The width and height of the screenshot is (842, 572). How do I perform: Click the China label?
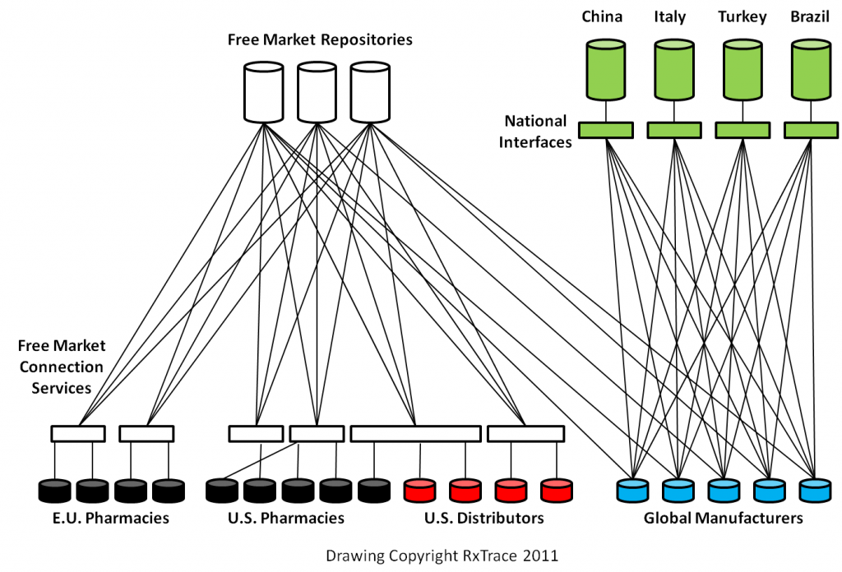coord(603,16)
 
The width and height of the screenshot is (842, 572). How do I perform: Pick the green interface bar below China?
coord(605,130)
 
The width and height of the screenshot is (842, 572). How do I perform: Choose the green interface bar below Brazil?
coord(811,130)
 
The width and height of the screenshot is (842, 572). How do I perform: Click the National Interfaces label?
coord(536,131)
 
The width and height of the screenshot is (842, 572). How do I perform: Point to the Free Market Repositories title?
coord(320,39)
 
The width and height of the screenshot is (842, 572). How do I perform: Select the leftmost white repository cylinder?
coord(264,91)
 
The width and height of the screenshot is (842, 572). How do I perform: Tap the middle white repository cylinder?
coord(317,91)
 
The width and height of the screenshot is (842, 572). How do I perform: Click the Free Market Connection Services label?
coord(62,367)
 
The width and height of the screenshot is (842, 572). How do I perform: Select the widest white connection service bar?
coord(415,433)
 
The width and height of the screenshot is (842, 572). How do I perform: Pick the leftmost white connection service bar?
coord(77,433)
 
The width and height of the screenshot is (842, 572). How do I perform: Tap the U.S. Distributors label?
coord(483,519)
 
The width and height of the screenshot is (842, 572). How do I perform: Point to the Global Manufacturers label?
coord(723,519)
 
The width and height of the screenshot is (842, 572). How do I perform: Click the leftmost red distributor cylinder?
coord(420,490)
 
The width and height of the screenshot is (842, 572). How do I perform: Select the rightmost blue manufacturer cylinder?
coord(815,490)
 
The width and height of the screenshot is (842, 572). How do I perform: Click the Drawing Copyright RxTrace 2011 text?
coord(442,556)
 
